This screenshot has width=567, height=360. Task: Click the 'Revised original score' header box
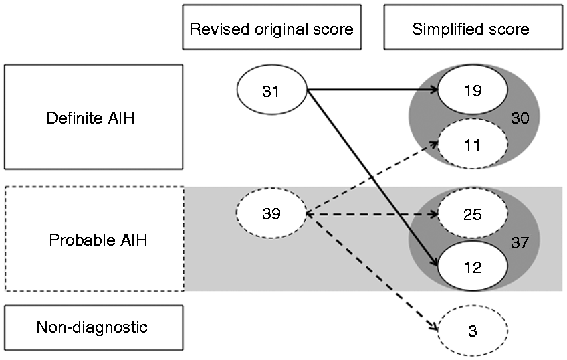click(x=272, y=27)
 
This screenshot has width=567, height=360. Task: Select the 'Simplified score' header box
click(x=473, y=27)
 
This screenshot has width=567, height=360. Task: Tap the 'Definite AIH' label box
click(x=94, y=117)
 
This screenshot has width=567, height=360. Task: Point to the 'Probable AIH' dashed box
click(x=94, y=239)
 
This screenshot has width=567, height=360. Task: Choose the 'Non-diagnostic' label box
click(x=94, y=328)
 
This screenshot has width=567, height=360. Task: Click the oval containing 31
click(x=271, y=90)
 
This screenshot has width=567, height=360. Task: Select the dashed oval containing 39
click(x=271, y=213)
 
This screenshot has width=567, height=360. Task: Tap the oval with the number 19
click(x=473, y=90)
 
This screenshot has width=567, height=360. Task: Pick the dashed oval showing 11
click(x=473, y=144)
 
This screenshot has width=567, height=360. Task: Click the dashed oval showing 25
click(x=473, y=213)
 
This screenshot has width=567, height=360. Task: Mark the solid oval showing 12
click(x=473, y=266)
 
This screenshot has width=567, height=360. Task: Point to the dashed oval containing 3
click(x=473, y=330)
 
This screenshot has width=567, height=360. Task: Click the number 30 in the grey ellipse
click(x=520, y=118)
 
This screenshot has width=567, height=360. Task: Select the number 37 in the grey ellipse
click(x=520, y=242)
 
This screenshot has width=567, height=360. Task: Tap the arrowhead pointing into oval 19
click(x=434, y=90)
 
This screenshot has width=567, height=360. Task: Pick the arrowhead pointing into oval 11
click(x=435, y=144)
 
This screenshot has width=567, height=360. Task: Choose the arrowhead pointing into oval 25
click(x=434, y=214)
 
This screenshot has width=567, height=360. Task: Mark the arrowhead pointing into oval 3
click(x=433, y=325)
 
